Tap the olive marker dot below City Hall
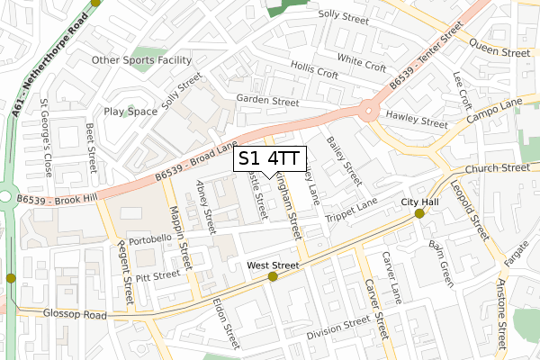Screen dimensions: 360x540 (x=419, y=213)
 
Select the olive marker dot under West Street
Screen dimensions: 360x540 (x=273, y=276)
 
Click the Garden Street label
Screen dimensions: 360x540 (x=266, y=102)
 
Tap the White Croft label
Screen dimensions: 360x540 (x=362, y=64)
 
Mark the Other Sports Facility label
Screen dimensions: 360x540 (x=142, y=60)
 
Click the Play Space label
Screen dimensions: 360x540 (x=130, y=112)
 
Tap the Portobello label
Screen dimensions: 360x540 (x=150, y=241)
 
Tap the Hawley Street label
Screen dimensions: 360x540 (x=416, y=121)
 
